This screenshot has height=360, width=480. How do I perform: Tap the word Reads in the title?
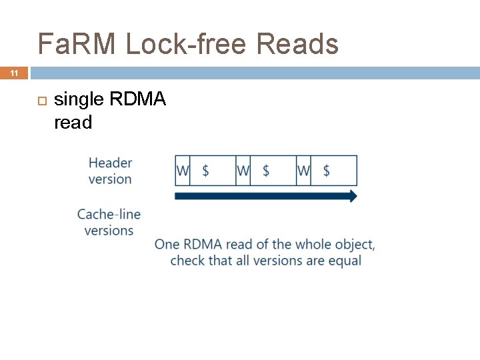(x=297, y=44)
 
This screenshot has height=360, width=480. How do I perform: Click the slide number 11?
(x=14, y=73)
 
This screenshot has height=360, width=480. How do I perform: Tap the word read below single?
(x=73, y=123)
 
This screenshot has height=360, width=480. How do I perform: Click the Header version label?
(x=110, y=171)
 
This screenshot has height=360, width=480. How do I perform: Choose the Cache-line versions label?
(x=109, y=222)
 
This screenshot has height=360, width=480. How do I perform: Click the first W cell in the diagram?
(x=183, y=171)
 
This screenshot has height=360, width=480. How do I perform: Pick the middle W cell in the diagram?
(x=243, y=171)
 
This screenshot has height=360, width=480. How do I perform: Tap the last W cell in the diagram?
(x=303, y=171)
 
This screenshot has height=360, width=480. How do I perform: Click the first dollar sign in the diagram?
(x=205, y=171)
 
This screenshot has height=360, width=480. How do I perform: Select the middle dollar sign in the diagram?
(x=266, y=171)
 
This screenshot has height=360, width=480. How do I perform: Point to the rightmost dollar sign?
(x=326, y=171)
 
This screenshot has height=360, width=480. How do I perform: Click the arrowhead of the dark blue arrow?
(x=353, y=196)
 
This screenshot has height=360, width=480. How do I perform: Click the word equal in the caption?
(x=344, y=260)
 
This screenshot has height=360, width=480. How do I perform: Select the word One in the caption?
(x=167, y=245)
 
